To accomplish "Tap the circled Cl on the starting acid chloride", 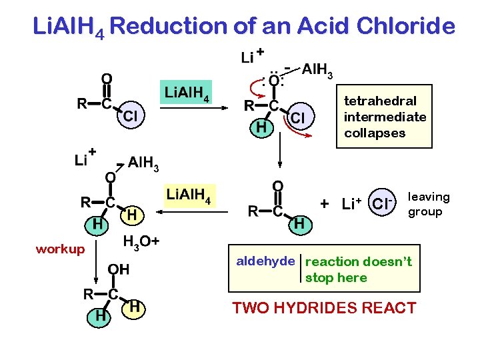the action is coord(131,116).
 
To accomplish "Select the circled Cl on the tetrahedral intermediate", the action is coord(299,117).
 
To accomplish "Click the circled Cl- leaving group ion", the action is coord(382,202).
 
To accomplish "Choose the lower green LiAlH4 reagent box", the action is coord(189,195).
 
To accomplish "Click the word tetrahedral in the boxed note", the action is coord(380,101).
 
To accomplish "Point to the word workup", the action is coord(60,249).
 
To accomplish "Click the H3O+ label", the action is coord(141,241).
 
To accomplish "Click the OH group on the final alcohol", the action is coord(119,269).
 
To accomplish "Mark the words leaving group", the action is coord(428,204).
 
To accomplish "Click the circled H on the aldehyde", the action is coord(299,225).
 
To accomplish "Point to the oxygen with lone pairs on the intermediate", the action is coord(274,81).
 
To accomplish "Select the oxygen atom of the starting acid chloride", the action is coord(106,79).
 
